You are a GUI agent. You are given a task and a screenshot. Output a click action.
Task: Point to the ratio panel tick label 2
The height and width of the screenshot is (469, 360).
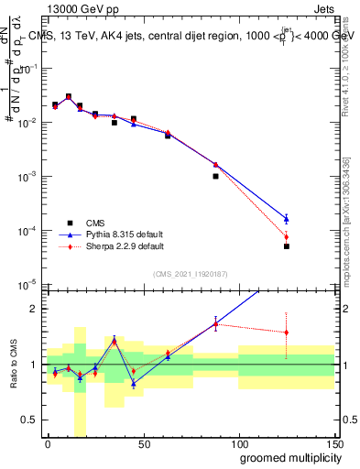click(x=33, y=309)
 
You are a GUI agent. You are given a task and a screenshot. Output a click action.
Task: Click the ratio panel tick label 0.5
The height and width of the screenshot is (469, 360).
click(x=29, y=420)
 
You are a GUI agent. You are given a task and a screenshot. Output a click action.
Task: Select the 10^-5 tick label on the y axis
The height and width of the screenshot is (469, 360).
click(x=27, y=284)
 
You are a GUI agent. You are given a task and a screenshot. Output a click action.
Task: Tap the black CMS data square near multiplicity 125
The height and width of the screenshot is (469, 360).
click(x=287, y=246)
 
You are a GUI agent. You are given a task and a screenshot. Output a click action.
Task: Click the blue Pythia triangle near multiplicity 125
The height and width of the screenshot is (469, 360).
click(x=287, y=218)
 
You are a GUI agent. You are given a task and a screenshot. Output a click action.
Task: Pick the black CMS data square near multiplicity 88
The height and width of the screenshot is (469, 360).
click(x=215, y=176)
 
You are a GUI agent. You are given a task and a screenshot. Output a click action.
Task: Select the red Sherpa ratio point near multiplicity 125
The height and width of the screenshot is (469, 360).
click(x=287, y=333)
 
